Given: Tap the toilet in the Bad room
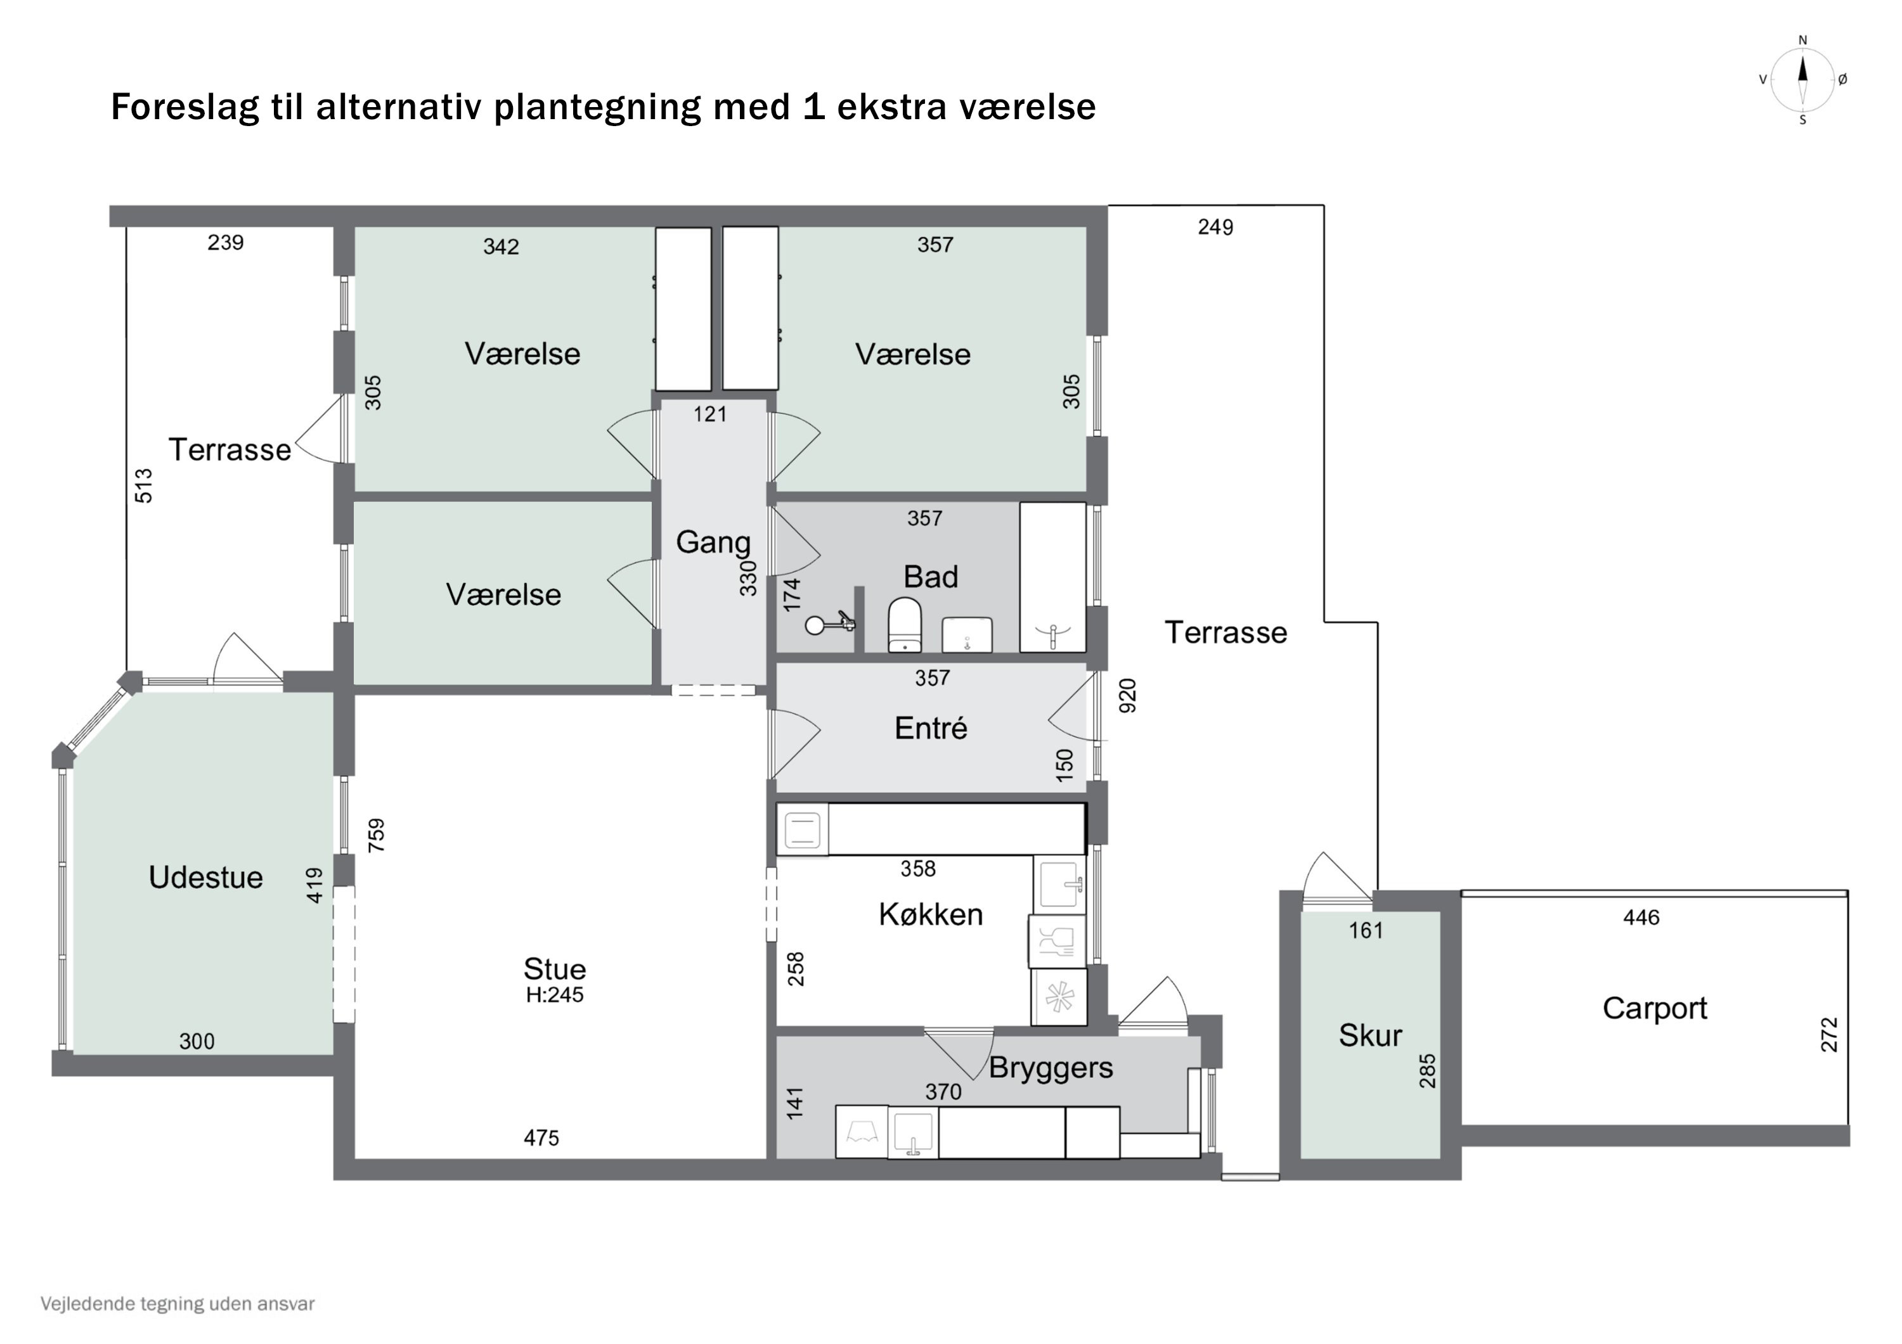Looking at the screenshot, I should (x=905, y=625).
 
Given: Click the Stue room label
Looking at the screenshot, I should (x=554, y=969).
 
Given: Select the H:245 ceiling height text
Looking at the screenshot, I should (x=554, y=995).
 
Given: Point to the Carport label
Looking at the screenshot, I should (x=1654, y=1008).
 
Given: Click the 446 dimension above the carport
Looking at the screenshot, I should (x=1640, y=918).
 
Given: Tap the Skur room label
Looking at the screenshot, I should (x=1370, y=1035).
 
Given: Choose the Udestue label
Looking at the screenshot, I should (x=205, y=877).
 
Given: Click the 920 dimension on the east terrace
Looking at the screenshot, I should (x=1127, y=696).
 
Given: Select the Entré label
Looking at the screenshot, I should (x=930, y=728).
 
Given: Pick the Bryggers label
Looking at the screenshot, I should (x=1051, y=1068).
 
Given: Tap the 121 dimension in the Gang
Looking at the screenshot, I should (x=710, y=414).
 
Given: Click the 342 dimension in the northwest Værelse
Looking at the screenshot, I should (x=501, y=246).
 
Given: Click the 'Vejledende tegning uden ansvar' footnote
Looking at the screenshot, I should (x=178, y=1304).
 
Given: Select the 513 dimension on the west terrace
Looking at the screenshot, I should (x=144, y=486).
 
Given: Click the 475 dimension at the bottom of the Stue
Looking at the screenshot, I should (x=541, y=1138).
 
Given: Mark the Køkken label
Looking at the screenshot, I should (x=930, y=914).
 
